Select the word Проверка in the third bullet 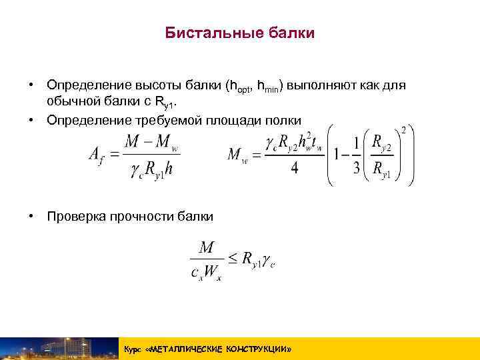pos(74,216)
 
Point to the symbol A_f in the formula pos(97,154)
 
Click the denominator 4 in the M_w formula pos(294,167)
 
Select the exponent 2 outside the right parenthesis pos(403,129)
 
